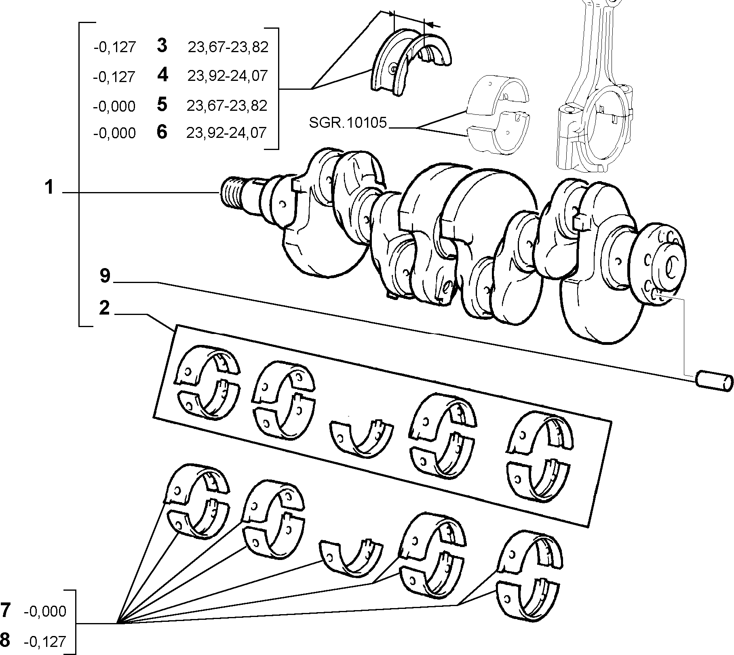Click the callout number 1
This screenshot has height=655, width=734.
(49, 188)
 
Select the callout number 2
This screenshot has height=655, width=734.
(104, 308)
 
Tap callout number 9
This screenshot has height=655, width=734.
(105, 276)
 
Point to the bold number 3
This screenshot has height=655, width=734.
(162, 46)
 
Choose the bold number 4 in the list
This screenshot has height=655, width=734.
(162, 75)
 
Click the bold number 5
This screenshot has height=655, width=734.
(162, 105)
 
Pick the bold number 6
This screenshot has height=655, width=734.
(162, 132)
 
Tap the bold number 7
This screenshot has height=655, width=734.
(5, 611)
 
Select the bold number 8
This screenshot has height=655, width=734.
(5, 640)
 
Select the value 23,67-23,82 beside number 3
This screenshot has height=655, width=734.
(228, 47)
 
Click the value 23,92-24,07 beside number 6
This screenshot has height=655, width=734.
(226, 133)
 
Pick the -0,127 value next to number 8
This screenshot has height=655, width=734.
(45, 642)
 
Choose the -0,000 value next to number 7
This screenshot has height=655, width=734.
(45, 612)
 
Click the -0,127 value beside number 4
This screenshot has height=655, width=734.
(114, 77)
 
